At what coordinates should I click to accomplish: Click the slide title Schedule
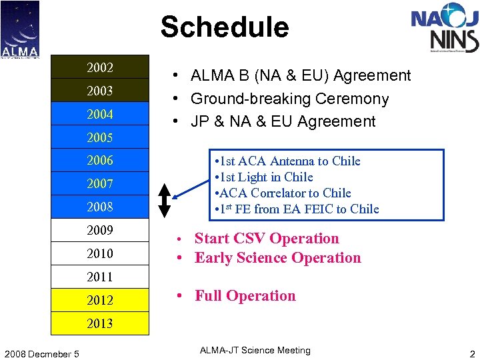225,27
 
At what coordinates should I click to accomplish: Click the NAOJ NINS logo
445,28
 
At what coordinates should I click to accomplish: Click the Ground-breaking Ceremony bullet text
289,99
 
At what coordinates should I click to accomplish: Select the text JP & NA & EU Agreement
283,121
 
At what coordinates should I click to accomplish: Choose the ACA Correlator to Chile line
283,193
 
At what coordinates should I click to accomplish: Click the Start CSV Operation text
267,239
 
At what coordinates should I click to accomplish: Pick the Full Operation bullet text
245,296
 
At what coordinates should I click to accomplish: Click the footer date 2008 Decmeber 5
40,353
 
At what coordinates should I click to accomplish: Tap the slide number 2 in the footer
472,353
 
